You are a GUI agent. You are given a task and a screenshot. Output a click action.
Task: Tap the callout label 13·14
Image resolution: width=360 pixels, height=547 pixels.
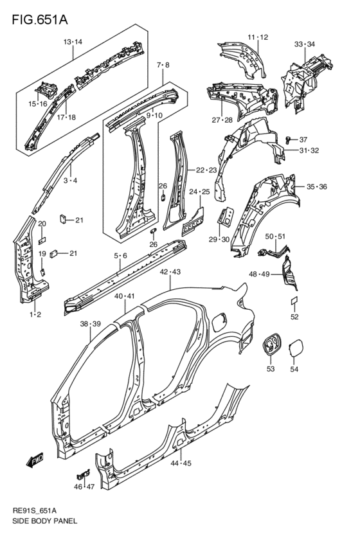pyautogui.click(x=73, y=42)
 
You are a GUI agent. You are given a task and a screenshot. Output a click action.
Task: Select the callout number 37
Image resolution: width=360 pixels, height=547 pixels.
pyautogui.click(x=304, y=139)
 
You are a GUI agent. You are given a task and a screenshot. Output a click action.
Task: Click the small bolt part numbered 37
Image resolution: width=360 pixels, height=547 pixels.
pyautogui.click(x=289, y=138)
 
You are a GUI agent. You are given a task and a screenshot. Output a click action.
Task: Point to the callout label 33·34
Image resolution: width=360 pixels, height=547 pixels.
pyautogui.click(x=304, y=44)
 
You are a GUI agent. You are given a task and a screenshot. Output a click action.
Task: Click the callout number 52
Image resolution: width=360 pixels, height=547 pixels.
pyautogui.click(x=294, y=317)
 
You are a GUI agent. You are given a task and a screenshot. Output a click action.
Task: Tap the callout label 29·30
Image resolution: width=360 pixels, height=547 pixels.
pyautogui.click(x=220, y=239)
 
